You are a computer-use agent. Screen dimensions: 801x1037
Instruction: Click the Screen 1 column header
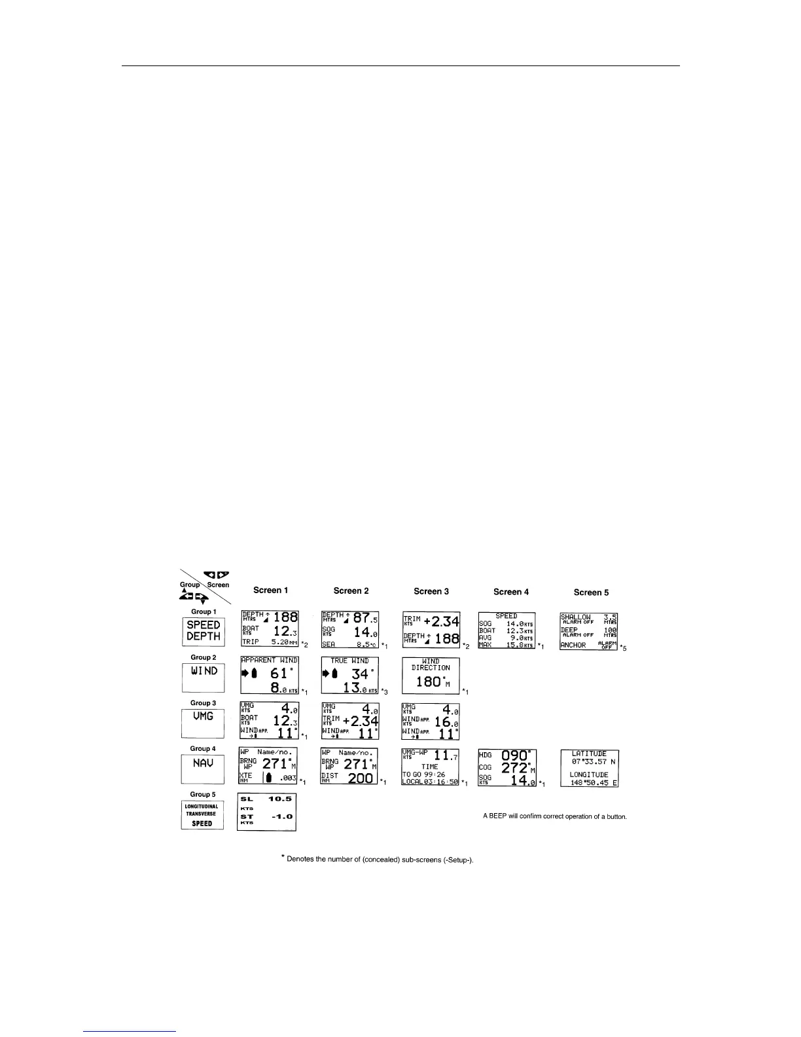click(270, 591)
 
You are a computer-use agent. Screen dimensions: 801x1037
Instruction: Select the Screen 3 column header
click(431, 591)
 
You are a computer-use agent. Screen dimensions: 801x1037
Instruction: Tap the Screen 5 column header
click(591, 592)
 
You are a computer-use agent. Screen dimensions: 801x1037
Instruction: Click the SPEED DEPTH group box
click(203, 630)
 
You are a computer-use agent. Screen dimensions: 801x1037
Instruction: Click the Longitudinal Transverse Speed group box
click(202, 815)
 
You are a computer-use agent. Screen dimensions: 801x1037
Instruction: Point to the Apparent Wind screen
click(270, 675)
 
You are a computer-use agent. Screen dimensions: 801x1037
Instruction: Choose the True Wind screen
click(350, 675)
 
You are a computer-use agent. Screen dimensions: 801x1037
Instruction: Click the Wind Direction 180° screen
click(431, 675)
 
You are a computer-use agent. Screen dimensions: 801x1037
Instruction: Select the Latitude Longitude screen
click(590, 768)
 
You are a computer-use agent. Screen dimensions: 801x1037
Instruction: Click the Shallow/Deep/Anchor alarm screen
click(589, 631)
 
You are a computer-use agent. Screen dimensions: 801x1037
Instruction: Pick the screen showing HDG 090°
click(507, 767)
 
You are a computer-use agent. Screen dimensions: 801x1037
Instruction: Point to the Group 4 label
click(202, 748)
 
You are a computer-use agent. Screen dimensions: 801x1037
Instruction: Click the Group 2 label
click(202, 657)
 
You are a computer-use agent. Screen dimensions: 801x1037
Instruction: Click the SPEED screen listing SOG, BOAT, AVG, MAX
click(507, 630)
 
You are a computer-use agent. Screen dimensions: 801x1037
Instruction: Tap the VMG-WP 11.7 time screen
click(430, 767)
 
